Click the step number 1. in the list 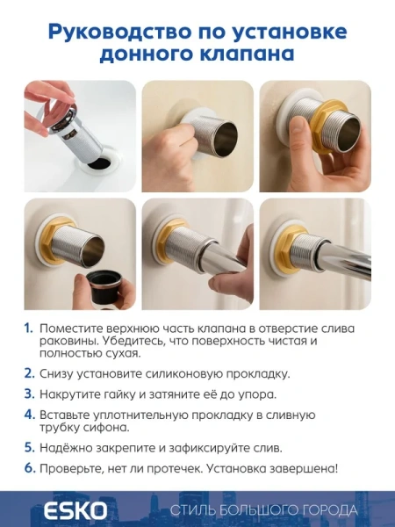pyautogui.click(x=29, y=328)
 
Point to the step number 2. pyautogui.click(x=29, y=372)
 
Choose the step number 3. pyautogui.click(x=29, y=393)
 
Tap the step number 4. pyautogui.click(x=29, y=414)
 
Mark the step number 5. pyautogui.click(x=29, y=447)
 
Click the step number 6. pyautogui.click(x=29, y=468)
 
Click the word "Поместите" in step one pyautogui.click(x=70, y=328)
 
